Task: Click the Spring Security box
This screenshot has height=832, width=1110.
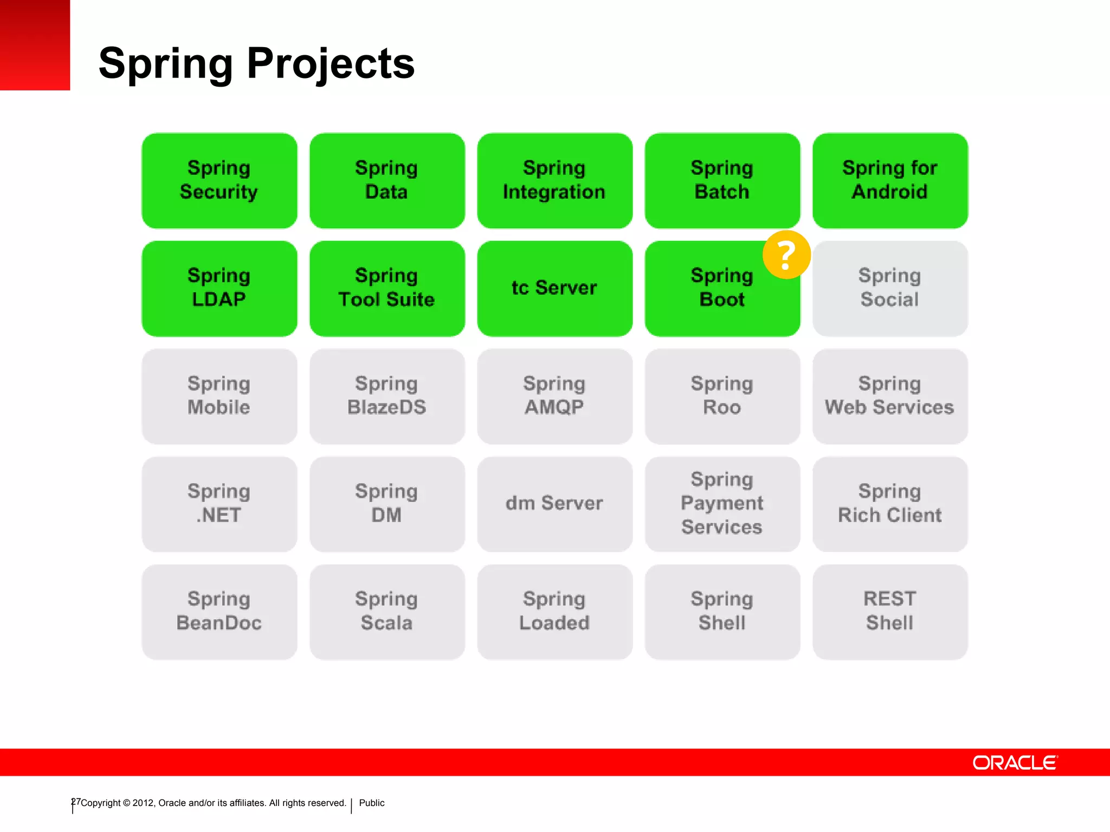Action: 219,180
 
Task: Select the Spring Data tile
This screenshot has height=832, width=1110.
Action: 387,180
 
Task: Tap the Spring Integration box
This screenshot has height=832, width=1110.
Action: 554,180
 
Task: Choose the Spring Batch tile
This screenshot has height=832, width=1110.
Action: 722,180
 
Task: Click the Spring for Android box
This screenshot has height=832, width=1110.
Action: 890,180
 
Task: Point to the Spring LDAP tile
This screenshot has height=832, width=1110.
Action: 219,288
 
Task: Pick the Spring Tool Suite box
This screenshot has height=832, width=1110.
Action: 387,288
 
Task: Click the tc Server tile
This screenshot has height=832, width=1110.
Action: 554,288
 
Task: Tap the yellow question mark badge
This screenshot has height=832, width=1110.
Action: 786,255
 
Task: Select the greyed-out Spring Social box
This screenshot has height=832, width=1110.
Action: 890,288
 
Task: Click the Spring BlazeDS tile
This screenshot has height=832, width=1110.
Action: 387,396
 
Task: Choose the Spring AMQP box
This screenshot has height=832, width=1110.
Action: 554,396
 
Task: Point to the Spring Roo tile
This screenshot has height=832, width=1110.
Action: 722,396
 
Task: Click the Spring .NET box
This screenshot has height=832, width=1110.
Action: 219,504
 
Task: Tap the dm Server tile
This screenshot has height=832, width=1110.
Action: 554,504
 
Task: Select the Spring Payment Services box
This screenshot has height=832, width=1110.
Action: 722,504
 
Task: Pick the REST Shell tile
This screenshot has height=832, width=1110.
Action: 890,612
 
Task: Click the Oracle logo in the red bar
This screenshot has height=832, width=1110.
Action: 1015,763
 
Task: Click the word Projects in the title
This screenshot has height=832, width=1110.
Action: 331,63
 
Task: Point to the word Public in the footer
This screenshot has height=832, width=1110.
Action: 372,803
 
